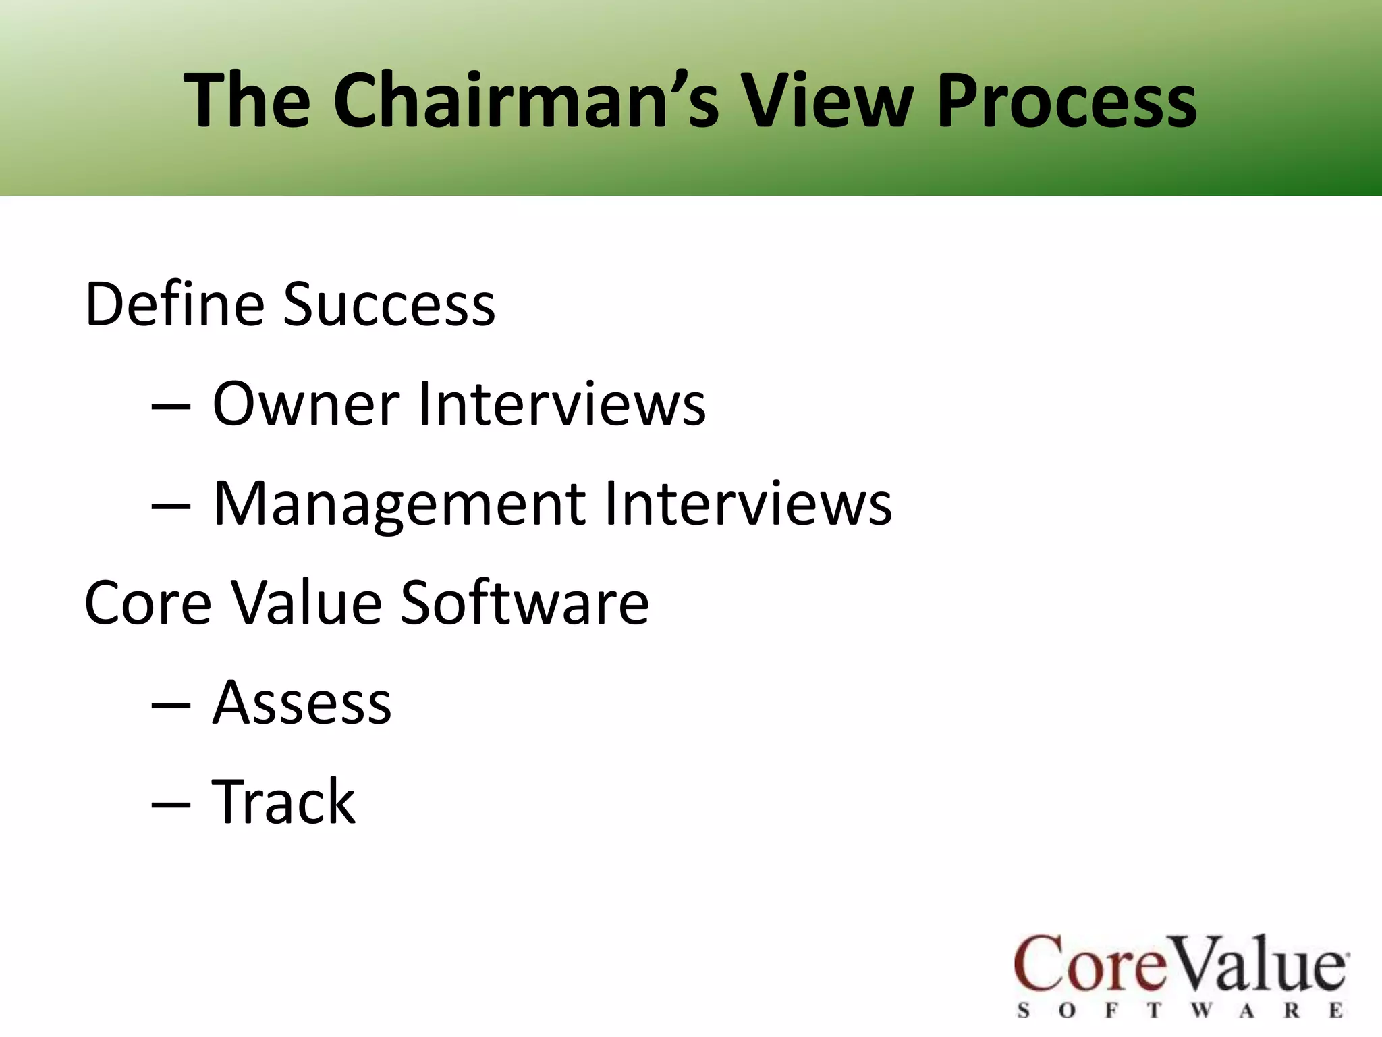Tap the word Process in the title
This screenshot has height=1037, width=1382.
(1066, 101)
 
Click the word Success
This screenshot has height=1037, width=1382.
(389, 304)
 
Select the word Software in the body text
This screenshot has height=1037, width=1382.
(524, 602)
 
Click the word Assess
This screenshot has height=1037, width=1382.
(302, 703)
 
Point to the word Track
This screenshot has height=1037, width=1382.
(283, 802)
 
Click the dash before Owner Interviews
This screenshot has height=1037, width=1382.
(170, 407)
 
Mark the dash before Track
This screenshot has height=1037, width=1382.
(170, 805)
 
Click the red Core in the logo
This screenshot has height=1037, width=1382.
(1090, 964)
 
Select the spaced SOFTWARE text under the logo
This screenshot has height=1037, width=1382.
(1180, 1011)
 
